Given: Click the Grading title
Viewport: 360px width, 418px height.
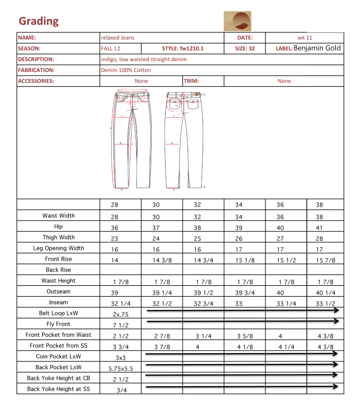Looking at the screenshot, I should (x=39, y=21).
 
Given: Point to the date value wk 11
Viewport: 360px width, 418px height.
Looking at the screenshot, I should (x=304, y=38).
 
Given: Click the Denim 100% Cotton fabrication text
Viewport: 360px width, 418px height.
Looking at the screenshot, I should (x=126, y=70).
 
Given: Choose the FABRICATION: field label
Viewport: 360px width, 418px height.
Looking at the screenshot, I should (x=36, y=70).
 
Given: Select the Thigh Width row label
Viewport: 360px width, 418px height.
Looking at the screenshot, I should (x=58, y=238).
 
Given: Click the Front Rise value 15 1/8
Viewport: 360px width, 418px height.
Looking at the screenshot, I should (x=244, y=260).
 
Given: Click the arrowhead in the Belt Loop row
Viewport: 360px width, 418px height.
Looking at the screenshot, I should (x=336, y=311).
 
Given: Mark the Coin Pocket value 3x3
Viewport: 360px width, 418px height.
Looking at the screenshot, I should (x=120, y=356).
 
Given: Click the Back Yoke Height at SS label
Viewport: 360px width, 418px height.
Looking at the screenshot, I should (x=58, y=389).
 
